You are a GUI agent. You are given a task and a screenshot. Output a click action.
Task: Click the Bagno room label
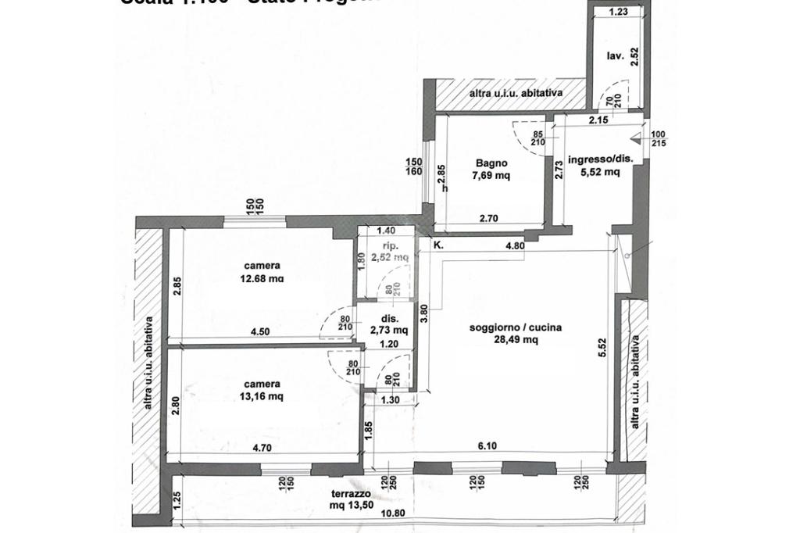(491, 163)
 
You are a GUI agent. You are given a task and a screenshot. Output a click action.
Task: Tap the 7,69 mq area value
(492, 176)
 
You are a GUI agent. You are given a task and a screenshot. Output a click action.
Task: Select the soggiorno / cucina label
(515, 328)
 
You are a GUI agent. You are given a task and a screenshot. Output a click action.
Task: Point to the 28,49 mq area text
(515, 340)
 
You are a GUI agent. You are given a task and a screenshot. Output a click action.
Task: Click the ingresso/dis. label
(600, 159)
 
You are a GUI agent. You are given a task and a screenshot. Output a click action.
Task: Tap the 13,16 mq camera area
(262, 396)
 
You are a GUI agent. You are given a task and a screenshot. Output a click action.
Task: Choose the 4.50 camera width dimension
(259, 331)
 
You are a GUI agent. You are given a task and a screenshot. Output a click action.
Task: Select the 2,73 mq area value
(390, 331)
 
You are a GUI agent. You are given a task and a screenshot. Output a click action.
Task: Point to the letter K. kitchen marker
(438, 245)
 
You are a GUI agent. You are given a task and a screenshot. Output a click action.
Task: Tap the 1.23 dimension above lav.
(618, 12)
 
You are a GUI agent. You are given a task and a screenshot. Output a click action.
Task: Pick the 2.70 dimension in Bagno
(487, 219)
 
